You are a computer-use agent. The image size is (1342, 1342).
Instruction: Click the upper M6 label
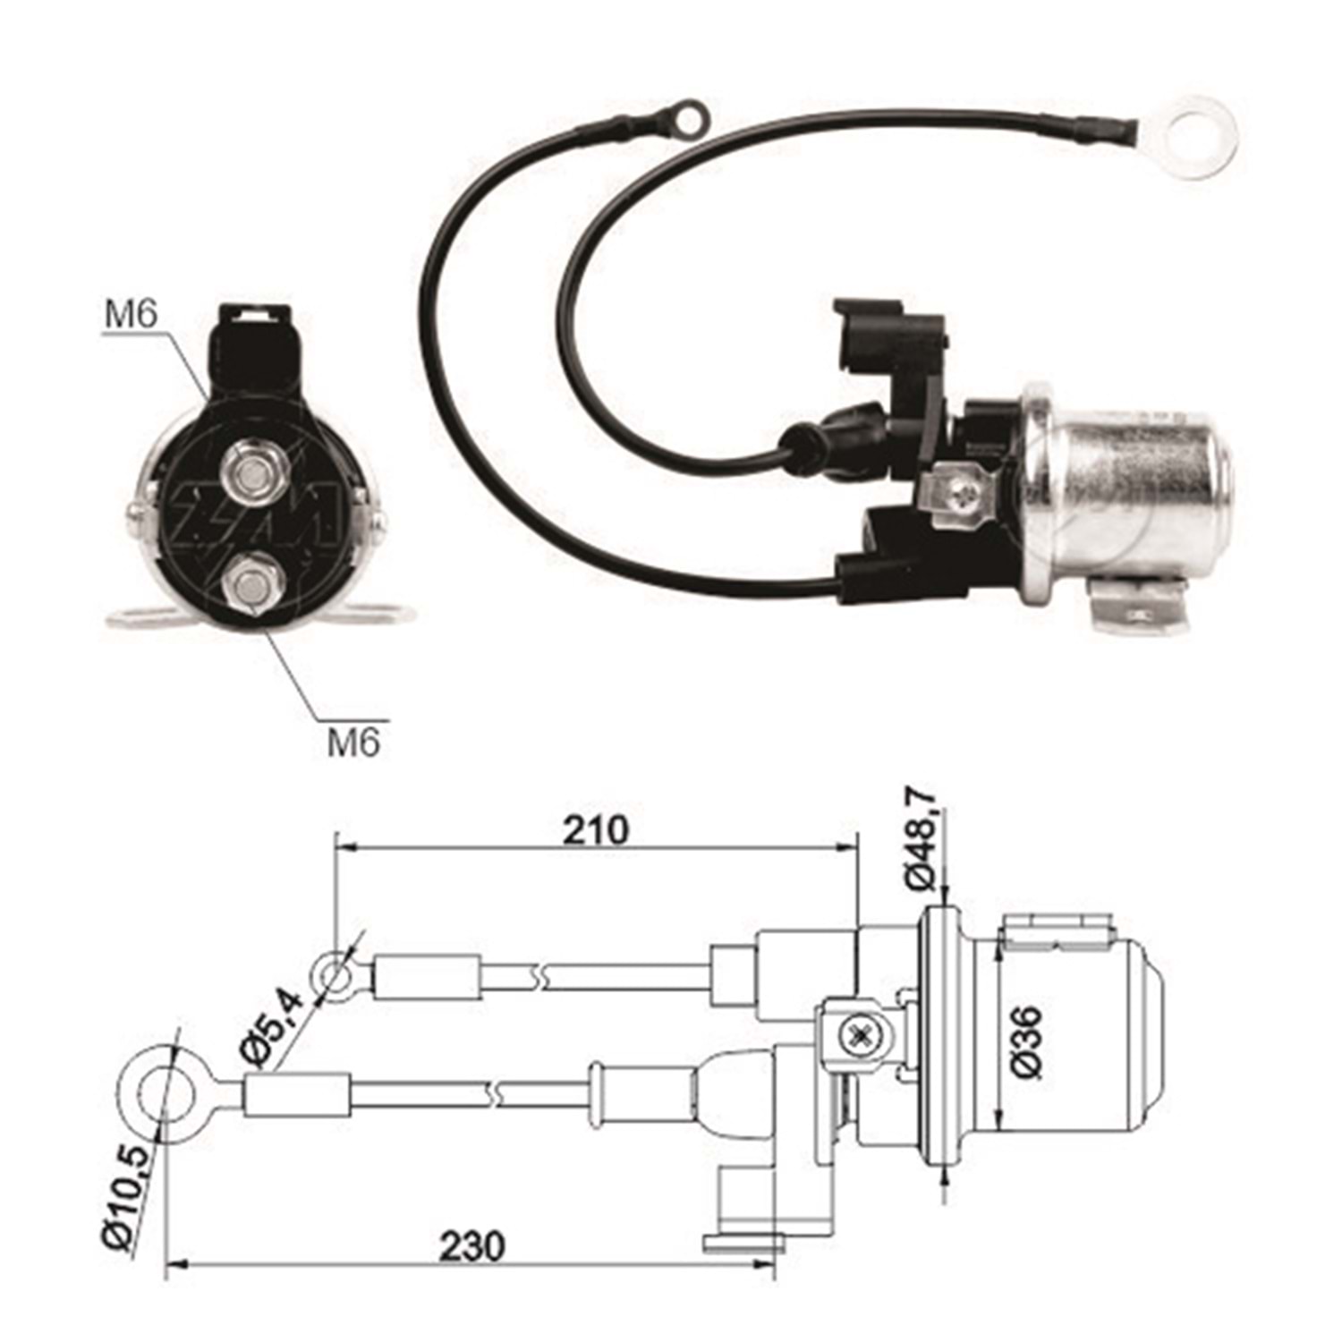click(131, 314)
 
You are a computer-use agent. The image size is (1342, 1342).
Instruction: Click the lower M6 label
click(353, 742)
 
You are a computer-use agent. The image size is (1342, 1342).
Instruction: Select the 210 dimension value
click(595, 830)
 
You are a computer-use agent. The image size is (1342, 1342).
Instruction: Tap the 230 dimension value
click(471, 1245)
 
